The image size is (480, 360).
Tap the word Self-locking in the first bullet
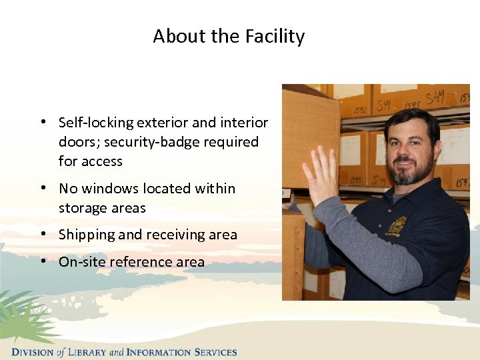[x=95, y=123]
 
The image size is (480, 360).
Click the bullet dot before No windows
[x=42, y=189]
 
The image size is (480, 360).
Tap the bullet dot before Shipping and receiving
[x=42, y=235]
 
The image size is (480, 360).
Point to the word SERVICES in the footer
[x=215, y=352]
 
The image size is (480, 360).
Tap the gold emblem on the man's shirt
[x=398, y=225]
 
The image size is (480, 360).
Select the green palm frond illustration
[x=23, y=317]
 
